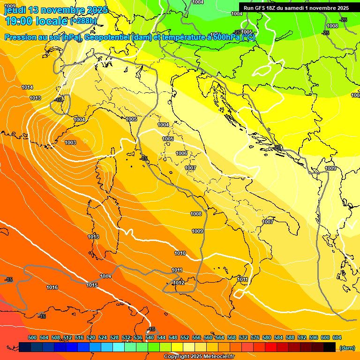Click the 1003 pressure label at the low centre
[70, 142]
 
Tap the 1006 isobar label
[181, 153]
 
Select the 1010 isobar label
[180, 253]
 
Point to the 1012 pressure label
[179, 283]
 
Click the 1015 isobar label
[92, 285]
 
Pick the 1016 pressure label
[52, 287]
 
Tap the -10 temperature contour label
[59, 100]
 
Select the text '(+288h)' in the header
[83, 21]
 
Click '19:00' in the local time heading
[16, 21]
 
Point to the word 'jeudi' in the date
[15, 10]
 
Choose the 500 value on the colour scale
[32, 337]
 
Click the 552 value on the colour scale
[185, 337]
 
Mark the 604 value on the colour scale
[337, 337]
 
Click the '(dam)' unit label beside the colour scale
[347, 348]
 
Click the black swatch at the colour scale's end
[330, 347]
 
